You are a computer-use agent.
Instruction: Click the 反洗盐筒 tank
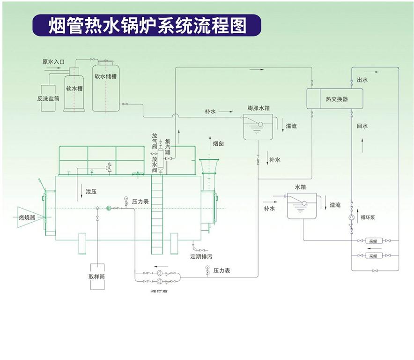[49, 98]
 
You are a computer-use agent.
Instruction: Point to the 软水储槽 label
[105, 76]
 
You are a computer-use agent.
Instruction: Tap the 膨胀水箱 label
[259, 108]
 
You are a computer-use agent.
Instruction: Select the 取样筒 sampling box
[96, 276]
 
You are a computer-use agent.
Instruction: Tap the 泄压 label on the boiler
[90, 191]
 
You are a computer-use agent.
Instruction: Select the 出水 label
[362, 80]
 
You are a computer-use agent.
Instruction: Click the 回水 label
[362, 126]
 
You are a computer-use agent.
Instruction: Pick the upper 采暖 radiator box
[373, 241]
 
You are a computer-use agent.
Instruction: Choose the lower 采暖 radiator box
[373, 256]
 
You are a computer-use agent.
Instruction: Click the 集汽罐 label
[168, 147]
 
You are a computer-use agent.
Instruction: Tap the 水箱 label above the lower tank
[300, 187]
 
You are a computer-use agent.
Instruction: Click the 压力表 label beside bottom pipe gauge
[222, 271]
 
